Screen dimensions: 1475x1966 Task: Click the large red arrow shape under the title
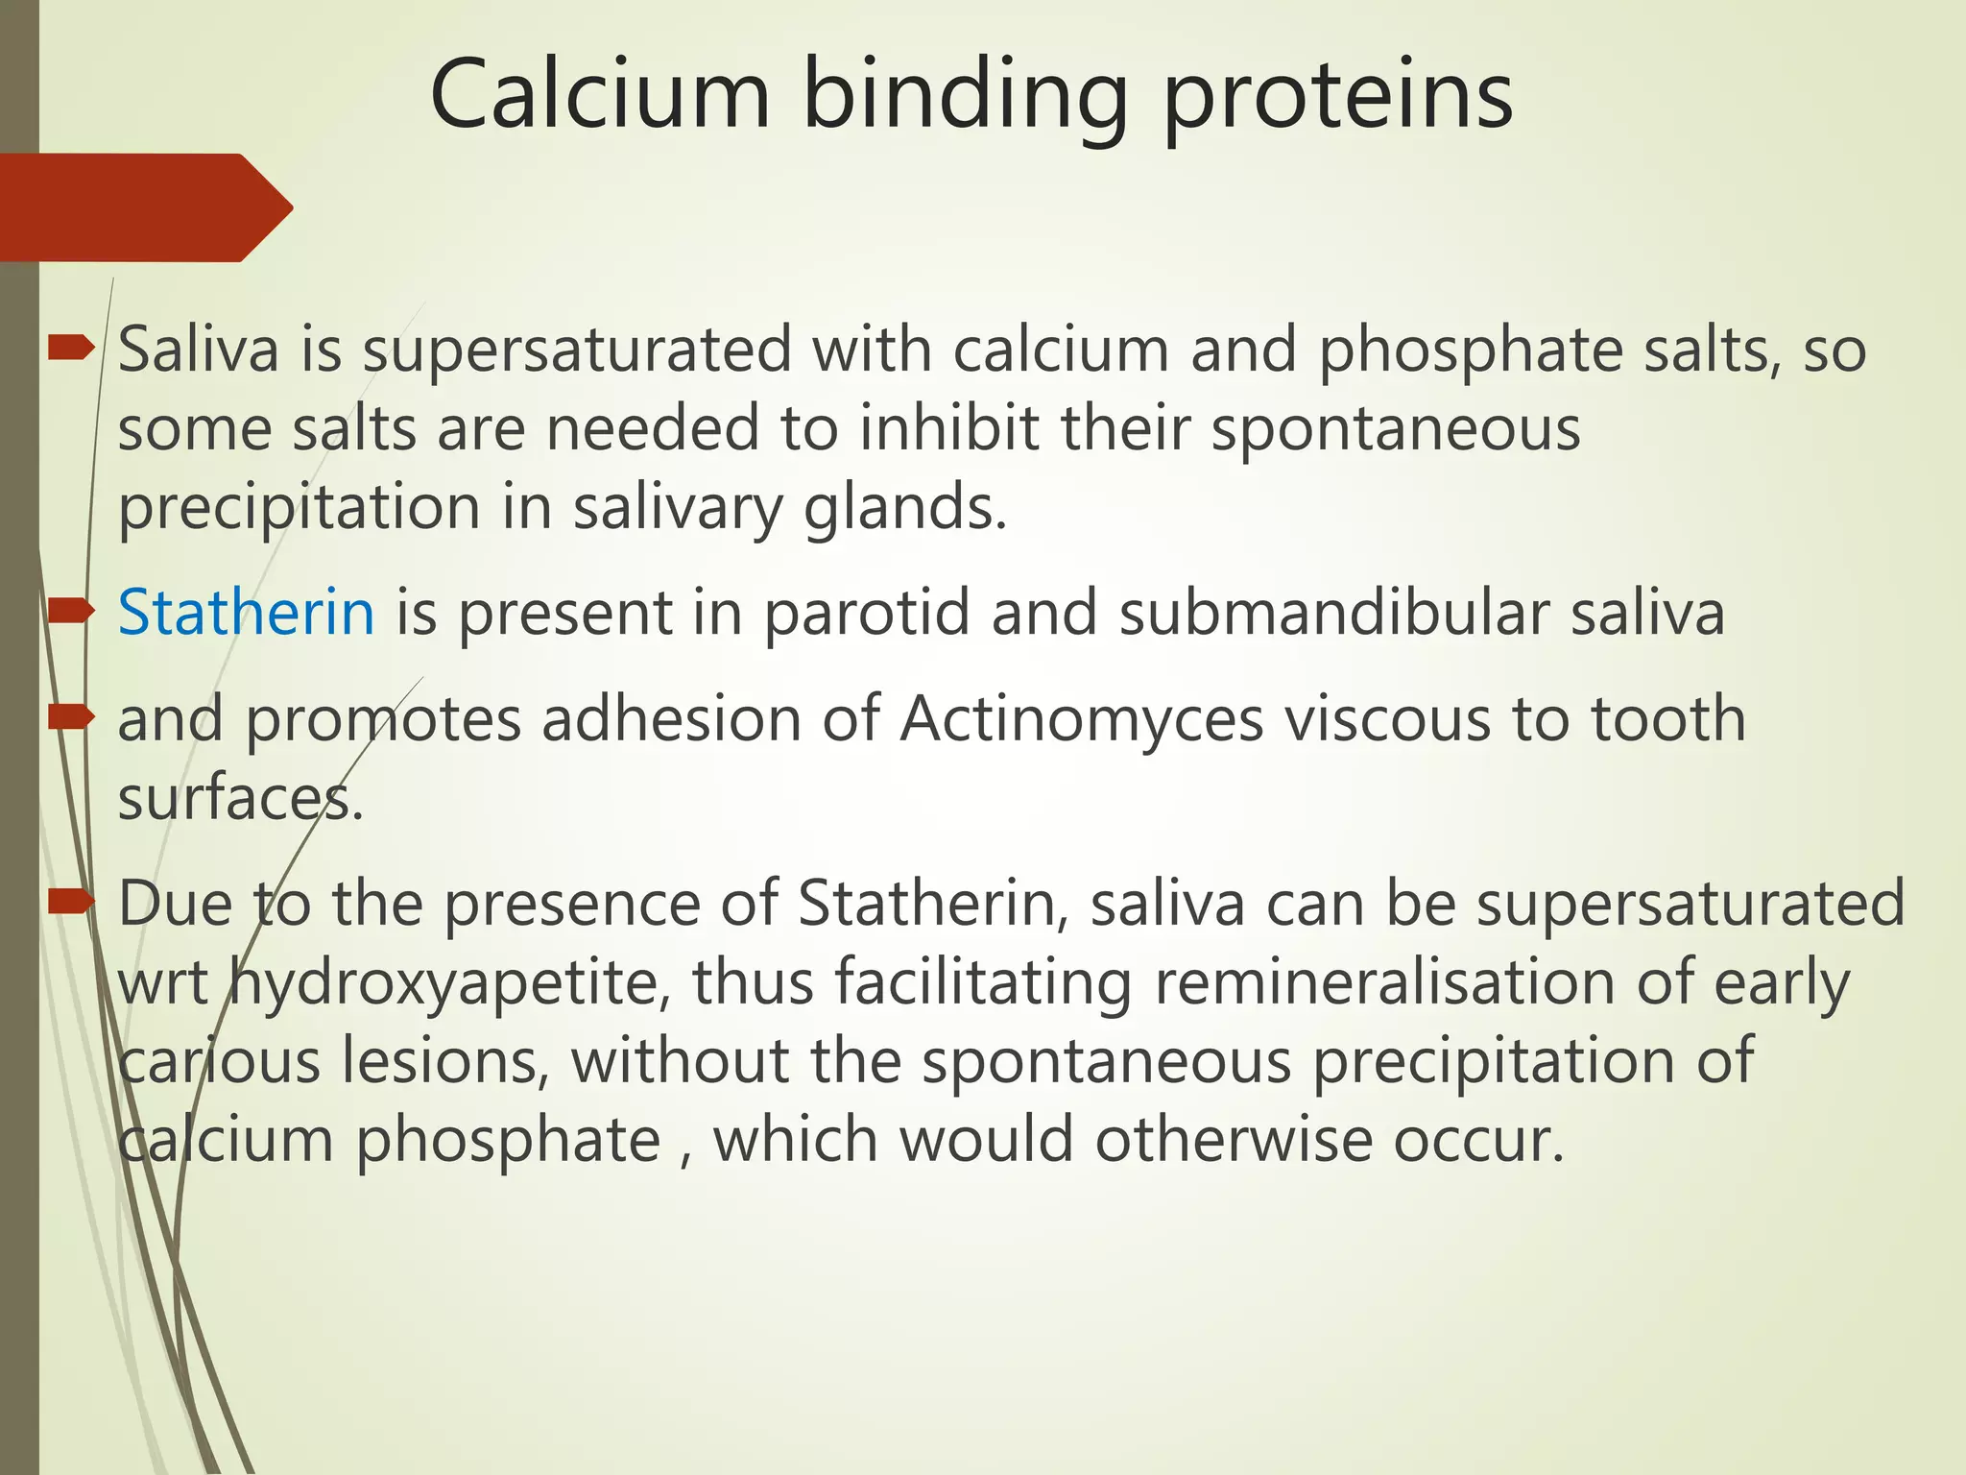[x=144, y=207]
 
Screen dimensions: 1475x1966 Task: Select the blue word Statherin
[x=246, y=613]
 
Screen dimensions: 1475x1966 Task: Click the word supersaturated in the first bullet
[x=577, y=351]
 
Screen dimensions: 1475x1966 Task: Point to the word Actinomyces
[x=1081, y=719]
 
